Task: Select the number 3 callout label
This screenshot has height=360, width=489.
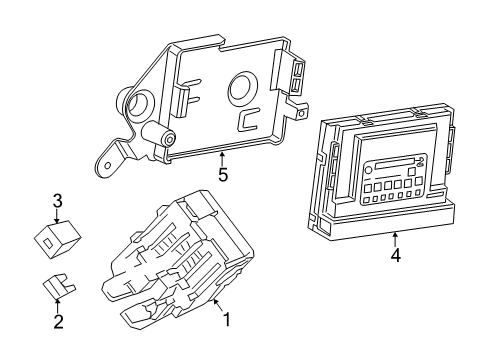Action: click(x=58, y=199)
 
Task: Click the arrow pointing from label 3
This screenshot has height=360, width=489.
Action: click(x=58, y=215)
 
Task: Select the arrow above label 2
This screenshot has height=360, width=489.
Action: click(x=58, y=303)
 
